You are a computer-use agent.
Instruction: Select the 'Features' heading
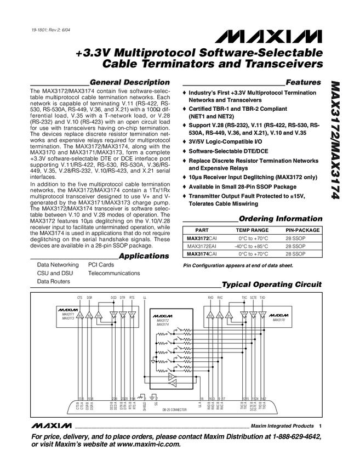pos(303,82)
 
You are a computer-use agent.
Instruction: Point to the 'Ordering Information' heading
pos(281,218)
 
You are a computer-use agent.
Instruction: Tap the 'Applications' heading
pos(144,256)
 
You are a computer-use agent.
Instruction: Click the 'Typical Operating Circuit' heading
pos(271,285)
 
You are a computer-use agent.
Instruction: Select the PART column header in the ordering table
pos(202,231)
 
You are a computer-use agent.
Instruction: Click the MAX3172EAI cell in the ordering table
pos(202,247)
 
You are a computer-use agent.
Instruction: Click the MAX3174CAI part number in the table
pos(202,254)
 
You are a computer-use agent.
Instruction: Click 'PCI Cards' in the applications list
pos(101,264)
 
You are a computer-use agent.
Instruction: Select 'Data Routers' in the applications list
pos(53,281)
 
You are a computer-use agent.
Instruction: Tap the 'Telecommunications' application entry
pos(114,272)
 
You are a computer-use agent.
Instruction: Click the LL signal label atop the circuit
pos(145,297)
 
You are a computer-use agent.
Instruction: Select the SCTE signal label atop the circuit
pos(253,297)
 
